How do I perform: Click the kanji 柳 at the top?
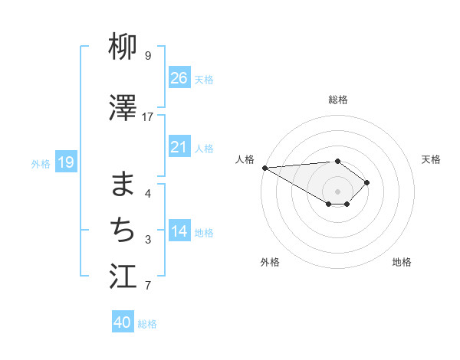[123, 47]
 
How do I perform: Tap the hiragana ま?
[123, 185]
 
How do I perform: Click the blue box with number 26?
[179, 77]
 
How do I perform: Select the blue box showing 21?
[179, 146]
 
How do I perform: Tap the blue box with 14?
[179, 231]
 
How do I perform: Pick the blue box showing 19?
[65, 162]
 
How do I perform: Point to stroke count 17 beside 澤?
[148, 117]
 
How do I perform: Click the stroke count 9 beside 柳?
[148, 56]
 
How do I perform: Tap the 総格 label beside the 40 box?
[147, 324]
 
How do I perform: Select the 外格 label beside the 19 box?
[41, 163]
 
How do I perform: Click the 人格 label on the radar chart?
[245, 159]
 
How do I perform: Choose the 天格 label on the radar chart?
[432, 159]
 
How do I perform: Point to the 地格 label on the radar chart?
[402, 262]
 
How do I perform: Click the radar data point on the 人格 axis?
[264, 168]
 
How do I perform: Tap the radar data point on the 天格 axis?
[368, 182]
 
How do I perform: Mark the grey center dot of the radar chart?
[337, 190]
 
